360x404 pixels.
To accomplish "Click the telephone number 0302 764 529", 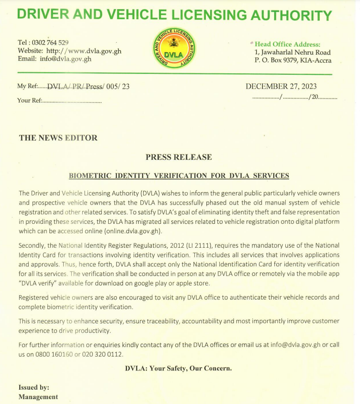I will click(x=50, y=43).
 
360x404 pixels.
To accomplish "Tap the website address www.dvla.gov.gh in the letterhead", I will click(x=91, y=51).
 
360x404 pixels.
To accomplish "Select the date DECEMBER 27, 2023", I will click(x=281, y=87).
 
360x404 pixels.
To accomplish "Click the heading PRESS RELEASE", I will click(x=179, y=157).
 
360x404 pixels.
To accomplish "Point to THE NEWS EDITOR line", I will click(x=58, y=138).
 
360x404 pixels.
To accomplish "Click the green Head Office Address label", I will click(x=287, y=45).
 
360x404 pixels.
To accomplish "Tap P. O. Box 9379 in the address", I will click(x=276, y=60).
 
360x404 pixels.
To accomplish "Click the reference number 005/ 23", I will click(x=118, y=87).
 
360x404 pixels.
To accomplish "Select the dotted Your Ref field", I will click(x=72, y=101).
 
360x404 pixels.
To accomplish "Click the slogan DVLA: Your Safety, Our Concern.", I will click(x=178, y=369).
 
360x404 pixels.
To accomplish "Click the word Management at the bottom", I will click(x=38, y=397).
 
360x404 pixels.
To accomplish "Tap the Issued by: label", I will click(x=34, y=387).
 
